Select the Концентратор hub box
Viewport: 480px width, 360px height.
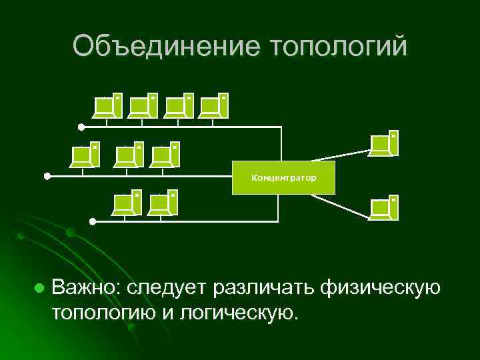click(x=283, y=178)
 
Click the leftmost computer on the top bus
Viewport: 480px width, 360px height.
click(x=109, y=105)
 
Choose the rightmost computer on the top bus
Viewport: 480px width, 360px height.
click(x=215, y=105)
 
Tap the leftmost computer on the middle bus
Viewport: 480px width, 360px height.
click(x=86, y=155)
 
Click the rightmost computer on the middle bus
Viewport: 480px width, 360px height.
click(x=166, y=155)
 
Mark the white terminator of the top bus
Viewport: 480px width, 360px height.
click(x=81, y=126)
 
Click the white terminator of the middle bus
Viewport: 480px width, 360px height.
click(x=47, y=176)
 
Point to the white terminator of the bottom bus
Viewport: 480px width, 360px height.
click(x=93, y=221)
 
